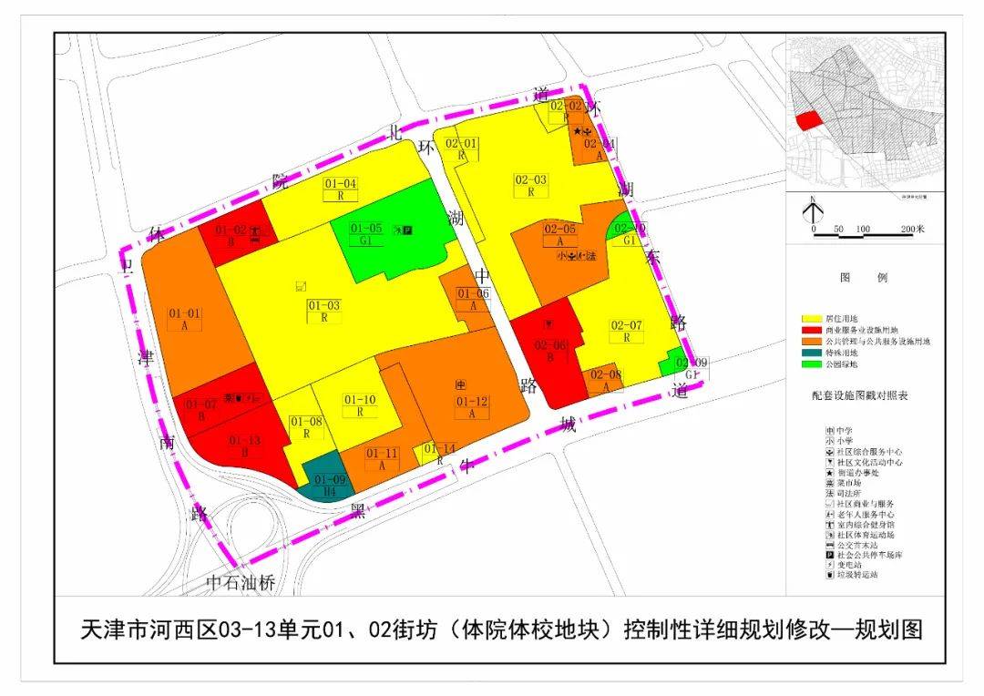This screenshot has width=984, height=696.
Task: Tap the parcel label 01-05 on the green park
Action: [x=366, y=228]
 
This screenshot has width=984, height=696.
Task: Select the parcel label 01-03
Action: [x=323, y=306]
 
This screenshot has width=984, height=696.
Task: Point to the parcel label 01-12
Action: [x=472, y=402]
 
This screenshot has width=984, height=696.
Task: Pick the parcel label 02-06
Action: [x=550, y=345]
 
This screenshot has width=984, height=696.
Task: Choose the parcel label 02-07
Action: [x=626, y=326]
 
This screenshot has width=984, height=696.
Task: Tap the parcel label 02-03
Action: [x=530, y=180]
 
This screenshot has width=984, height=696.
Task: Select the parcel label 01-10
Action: [x=360, y=400]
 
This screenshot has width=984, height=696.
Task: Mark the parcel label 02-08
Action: [x=605, y=375]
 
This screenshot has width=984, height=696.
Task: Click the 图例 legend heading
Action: [x=862, y=279]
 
